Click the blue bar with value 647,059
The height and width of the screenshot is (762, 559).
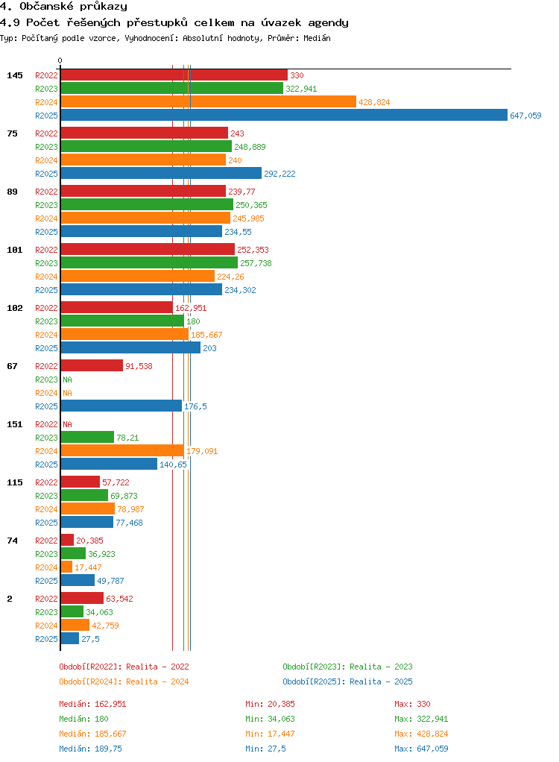284,115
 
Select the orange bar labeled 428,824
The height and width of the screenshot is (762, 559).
209,101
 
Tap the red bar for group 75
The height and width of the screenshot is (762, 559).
145,133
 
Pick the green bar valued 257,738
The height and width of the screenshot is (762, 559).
149,262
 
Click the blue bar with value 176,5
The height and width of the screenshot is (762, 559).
121,406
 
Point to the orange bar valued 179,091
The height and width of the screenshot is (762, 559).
122,450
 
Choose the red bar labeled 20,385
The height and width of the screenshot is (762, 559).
67,540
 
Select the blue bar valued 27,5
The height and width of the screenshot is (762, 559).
70,638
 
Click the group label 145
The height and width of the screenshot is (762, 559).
15,75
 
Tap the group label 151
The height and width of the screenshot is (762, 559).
15,424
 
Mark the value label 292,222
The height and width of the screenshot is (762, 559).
279,174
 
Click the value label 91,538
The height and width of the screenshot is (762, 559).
139,366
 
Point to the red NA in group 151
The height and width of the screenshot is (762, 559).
68,424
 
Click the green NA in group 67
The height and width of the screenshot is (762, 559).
68,380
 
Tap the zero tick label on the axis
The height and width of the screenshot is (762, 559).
60,60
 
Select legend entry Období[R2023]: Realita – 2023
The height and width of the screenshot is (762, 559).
348,667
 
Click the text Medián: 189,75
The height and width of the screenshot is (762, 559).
90,749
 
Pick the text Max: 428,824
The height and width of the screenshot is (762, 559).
421,734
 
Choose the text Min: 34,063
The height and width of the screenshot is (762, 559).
270,719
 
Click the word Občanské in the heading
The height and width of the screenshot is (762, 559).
47,6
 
